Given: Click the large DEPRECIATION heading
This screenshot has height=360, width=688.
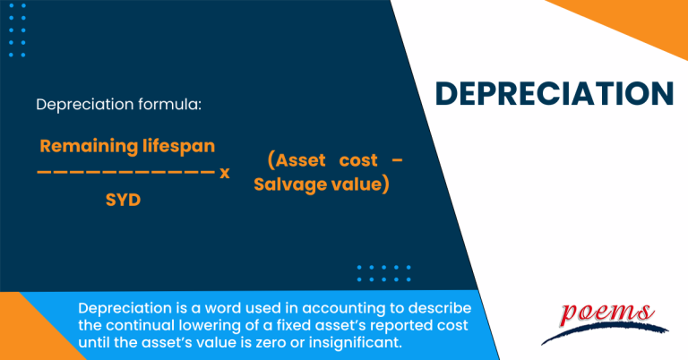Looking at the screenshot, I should [x=555, y=92].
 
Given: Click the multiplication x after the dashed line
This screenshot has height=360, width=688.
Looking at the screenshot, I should [x=225, y=172].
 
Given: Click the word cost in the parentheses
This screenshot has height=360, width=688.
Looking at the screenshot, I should [x=358, y=161].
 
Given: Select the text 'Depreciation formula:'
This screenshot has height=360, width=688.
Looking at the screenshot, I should [x=119, y=105].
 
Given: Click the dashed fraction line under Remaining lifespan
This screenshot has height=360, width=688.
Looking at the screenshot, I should [x=126, y=173].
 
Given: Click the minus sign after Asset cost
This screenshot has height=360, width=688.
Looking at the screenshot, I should [x=398, y=161].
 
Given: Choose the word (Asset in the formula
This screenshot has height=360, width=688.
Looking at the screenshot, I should [x=296, y=161].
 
